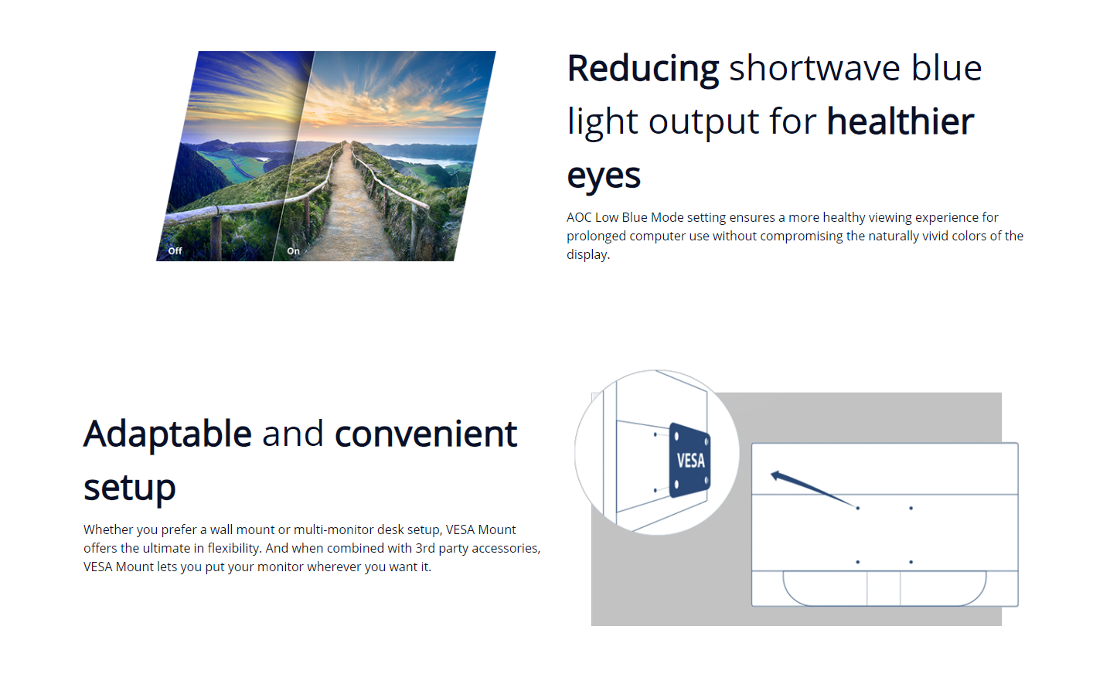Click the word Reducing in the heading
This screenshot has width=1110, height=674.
[x=642, y=70]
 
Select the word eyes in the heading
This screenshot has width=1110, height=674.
[x=604, y=177]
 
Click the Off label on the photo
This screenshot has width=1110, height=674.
[x=175, y=250]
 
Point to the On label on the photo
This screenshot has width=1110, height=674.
[x=294, y=250]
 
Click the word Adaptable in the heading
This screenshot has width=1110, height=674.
[x=168, y=434]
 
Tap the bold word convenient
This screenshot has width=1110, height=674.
[x=426, y=434]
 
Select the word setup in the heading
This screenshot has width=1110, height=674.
[x=130, y=488]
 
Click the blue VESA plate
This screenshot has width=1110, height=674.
[x=689, y=461]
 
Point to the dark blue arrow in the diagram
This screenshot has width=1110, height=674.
[x=814, y=489]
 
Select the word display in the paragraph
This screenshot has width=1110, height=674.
[x=587, y=254]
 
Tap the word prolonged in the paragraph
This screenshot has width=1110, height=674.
[x=596, y=237]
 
